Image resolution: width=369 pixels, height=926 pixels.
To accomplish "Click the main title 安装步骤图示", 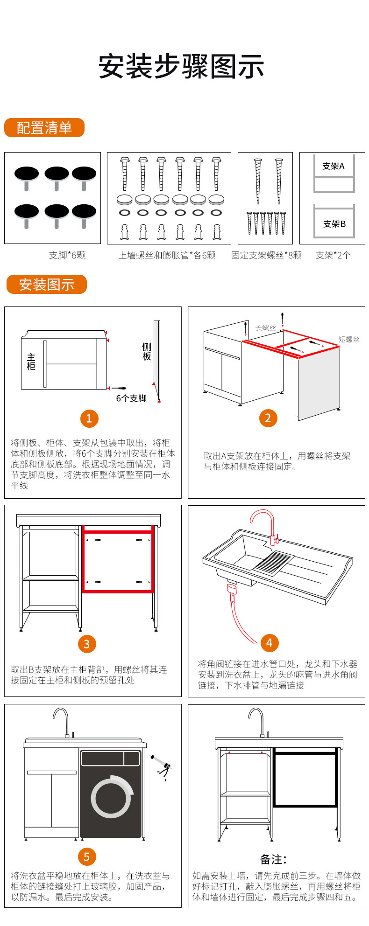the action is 181,67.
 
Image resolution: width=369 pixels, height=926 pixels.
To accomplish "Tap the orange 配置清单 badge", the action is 44,128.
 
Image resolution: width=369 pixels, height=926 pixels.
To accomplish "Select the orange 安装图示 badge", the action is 47,284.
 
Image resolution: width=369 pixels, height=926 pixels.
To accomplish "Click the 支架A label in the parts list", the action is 334,166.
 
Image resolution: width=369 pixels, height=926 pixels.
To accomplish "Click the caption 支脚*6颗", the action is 67,255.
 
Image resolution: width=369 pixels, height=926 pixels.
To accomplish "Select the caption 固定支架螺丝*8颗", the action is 266,255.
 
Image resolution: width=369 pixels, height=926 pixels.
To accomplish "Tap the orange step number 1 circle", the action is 89,418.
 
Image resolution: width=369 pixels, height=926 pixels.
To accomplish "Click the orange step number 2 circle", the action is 268,418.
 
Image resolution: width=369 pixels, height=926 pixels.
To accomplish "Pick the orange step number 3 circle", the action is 87,644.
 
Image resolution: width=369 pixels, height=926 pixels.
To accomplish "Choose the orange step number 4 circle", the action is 269,643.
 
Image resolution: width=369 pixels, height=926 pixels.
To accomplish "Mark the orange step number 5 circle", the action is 86,856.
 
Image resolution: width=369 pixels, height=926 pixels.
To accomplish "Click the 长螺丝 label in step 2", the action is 266,327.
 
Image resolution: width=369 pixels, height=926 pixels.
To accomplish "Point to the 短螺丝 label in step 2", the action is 349,340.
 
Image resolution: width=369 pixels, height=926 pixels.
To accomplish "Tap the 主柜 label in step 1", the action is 31,362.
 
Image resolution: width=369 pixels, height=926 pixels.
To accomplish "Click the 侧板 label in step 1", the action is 147,351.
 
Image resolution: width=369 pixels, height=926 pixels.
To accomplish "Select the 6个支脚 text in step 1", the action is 131,398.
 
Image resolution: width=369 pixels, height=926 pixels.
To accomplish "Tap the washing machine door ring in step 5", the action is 111,796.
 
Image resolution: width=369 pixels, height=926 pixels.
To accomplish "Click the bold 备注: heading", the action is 273,859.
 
